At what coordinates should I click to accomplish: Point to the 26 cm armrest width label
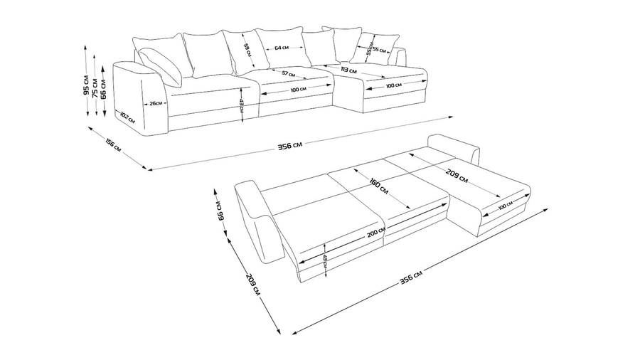[x=155, y=103]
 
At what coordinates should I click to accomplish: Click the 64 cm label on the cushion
[x=282, y=48]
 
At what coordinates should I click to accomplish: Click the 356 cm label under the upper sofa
[x=289, y=146]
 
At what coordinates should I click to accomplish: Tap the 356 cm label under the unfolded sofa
[x=411, y=276]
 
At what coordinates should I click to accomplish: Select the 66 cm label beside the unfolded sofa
[x=220, y=210]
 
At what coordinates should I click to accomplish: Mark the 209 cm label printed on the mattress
[x=458, y=174]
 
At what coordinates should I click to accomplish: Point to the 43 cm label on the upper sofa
[x=242, y=101]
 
